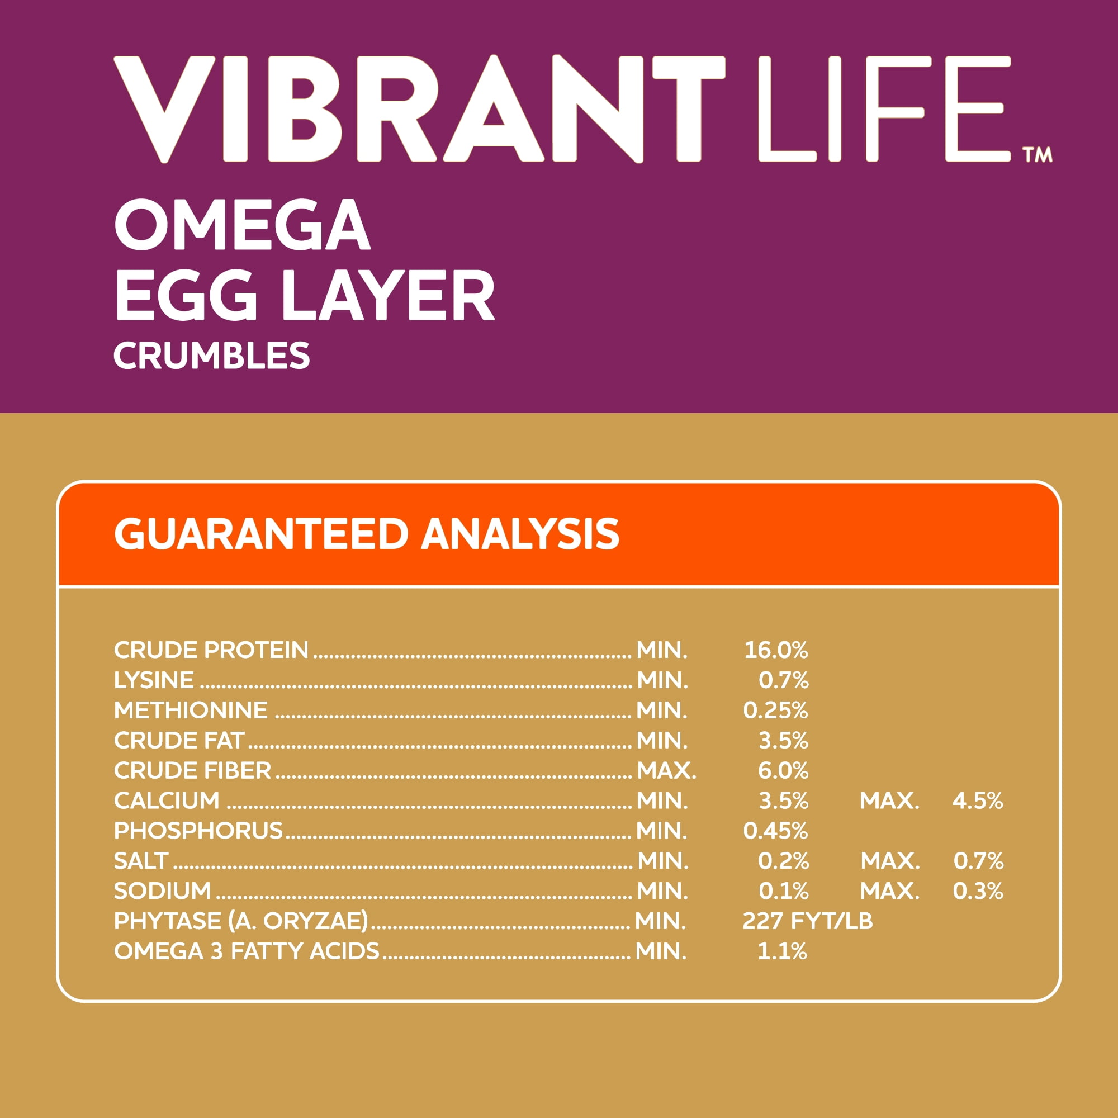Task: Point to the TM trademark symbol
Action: point(1037,155)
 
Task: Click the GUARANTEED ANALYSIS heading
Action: point(366,533)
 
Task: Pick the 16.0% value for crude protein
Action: point(775,650)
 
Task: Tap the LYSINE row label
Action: point(154,680)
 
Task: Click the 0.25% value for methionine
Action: point(775,710)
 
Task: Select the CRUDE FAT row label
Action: point(179,740)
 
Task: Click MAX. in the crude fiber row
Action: point(667,770)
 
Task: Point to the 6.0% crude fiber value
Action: point(783,770)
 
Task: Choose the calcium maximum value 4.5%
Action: point(978,800)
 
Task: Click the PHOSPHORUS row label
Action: point(198,831)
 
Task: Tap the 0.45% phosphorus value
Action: point(775,831)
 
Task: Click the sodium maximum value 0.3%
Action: point(978,890)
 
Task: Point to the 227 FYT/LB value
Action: point(807,921)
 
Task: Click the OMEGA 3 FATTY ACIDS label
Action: point(247,951)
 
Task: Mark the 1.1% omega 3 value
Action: point(783,951)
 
